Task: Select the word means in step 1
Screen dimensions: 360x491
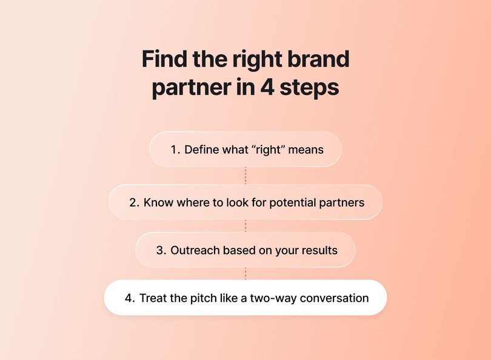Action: [307, 149]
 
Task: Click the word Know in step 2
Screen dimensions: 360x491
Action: [157, 202]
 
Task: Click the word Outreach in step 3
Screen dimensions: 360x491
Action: [192, 250]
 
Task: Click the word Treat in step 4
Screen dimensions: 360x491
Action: [152, 298]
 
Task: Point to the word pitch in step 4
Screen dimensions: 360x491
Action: [204, 298]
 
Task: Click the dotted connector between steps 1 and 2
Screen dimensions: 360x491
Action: [245, 175]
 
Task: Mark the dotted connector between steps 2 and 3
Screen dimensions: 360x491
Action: [245, 225]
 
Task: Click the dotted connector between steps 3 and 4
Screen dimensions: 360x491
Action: [245, 273]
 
